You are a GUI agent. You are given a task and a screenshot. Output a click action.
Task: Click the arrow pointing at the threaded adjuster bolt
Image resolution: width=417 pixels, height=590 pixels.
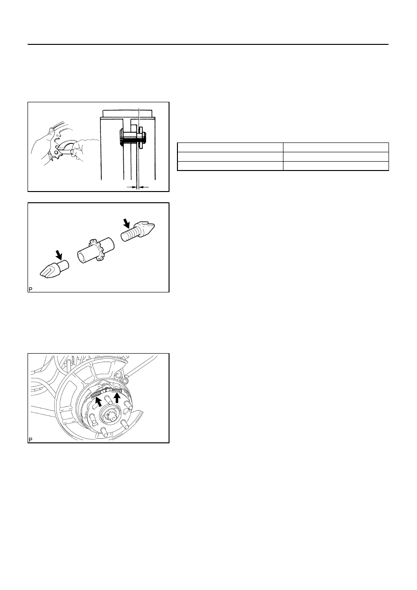coord(127,224)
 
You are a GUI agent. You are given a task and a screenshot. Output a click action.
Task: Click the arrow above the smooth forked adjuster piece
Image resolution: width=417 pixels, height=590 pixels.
coord(59,255)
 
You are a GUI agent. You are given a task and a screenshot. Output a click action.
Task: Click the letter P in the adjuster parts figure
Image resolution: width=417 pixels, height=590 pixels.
coord(30,289)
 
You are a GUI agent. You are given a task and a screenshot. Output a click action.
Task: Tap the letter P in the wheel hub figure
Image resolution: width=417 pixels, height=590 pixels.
coord(30,440)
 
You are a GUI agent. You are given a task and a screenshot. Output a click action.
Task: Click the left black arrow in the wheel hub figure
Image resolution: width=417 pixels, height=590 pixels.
coord(98,401)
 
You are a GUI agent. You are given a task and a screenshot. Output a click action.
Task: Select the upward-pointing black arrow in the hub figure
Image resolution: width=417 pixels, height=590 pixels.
coord(117,398)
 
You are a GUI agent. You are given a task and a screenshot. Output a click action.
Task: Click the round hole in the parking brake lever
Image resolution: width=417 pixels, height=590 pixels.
coord(57,152)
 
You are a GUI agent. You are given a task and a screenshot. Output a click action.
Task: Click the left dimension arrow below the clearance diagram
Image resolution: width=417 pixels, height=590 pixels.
coord(132,187)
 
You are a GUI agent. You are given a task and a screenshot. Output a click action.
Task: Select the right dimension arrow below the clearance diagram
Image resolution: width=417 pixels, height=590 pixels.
coord(144,187)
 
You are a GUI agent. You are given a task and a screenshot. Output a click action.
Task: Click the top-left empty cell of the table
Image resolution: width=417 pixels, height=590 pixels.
coord(230,148)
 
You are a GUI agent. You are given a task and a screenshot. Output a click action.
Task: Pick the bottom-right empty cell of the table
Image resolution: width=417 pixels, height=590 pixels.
coord(336,166)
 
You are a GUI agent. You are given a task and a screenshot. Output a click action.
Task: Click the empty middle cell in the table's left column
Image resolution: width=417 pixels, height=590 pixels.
coord(230,156)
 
